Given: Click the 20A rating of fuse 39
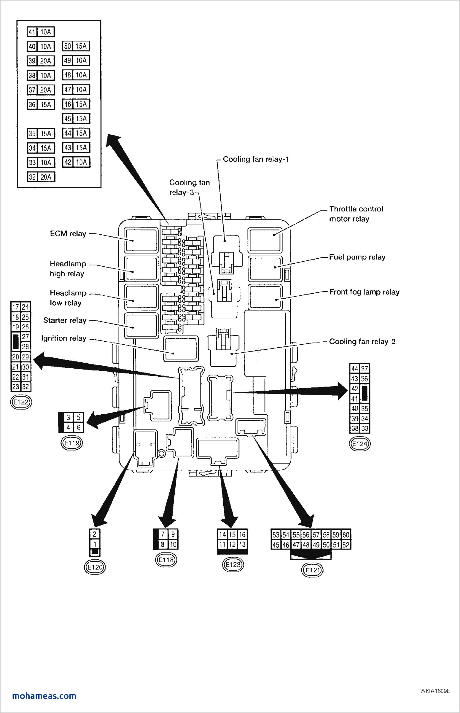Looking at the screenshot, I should (x=45, y=61).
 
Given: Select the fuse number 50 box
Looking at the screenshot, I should (x=68, y=46).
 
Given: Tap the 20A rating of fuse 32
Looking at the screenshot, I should (x=45, y=177).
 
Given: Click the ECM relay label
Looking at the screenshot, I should (x=68, y=234).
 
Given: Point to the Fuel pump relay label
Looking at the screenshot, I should (x=357, y=257).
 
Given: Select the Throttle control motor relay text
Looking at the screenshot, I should (x=356, y=214).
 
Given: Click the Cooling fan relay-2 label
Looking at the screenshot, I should (x=362, y=341).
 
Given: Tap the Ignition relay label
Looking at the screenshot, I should (x=64, y=338).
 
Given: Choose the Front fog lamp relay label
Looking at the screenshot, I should (x=364, y=292).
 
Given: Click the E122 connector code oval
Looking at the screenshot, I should (x=21, y=402).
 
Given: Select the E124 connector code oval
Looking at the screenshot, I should (x=359, y=444).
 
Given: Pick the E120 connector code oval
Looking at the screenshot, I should (x=95, y=567).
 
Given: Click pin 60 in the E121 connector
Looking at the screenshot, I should (x=346, y=535).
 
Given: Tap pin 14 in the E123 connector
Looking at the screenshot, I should (x=222, y=534).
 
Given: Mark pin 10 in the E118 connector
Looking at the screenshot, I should (x=173, y=544).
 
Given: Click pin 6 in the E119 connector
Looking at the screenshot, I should (x=78, y=428).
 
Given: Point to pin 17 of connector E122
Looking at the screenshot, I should (x=16, y=307).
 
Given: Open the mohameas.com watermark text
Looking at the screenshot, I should (x=44, y=696).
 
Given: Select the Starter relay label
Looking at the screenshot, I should (x=65, y=320).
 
